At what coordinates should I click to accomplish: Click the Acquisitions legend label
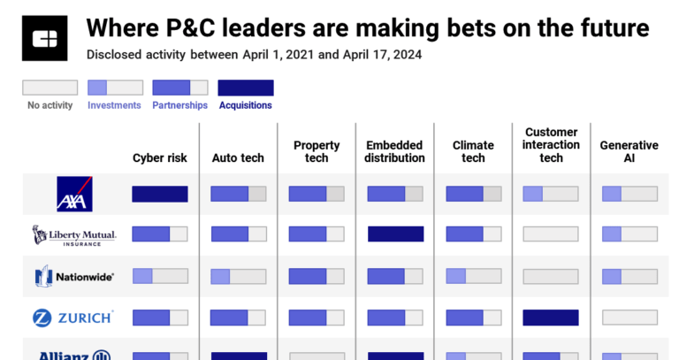click(x=245, y=105)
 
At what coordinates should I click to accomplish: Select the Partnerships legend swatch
click(x=180, y=88)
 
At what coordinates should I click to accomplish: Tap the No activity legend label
click(x=49, y=105)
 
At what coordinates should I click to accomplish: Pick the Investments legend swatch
click(x=115, y=88)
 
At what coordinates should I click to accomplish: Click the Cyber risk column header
click(x=159, y=158)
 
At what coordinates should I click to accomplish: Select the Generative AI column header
click(x=629, y=151)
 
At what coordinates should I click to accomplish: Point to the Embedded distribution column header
click(x=395, y=151)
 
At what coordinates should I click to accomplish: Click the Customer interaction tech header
click(x=551, y=145)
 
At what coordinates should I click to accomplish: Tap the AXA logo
click(x=75, y=194)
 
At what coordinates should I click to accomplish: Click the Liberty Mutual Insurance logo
click(x=75, y=234)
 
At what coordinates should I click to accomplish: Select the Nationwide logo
click(x=75, y=276)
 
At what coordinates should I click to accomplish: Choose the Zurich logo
click(x=75, y=317)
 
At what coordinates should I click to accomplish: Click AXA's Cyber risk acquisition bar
click(x=160, y=194)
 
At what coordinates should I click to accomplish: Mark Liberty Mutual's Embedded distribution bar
click(x=395, y=234)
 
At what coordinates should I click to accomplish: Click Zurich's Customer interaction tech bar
click(x=551, y=317)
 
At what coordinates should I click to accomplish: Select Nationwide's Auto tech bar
click(x=239, y=276)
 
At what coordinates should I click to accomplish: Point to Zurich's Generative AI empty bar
click(x=629, y=317)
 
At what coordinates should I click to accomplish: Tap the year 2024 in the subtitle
click(x=405, y=54)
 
